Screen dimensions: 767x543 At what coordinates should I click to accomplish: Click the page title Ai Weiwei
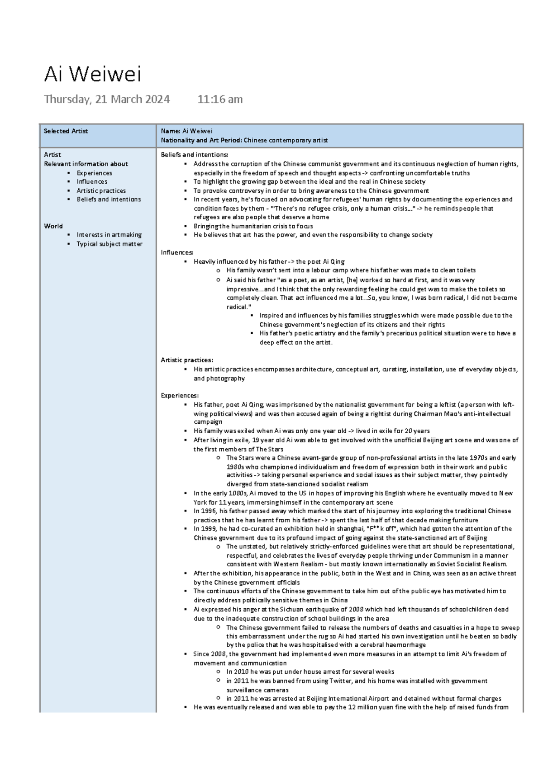click(92, 75)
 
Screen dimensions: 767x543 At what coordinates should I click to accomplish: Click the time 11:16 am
click(220, 99)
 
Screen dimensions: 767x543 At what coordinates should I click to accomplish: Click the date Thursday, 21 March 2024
click(107, 99)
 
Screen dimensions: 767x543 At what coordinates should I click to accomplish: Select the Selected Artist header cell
click(66, 131)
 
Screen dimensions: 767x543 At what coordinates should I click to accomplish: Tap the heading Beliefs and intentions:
click(195, 155)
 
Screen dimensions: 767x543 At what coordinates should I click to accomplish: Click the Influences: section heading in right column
click(177, 252)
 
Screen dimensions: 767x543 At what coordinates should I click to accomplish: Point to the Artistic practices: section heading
click(186, 360)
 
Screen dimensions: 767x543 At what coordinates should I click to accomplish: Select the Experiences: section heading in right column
click(180, 395)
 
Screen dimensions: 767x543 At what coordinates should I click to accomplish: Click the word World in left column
click(53, 226)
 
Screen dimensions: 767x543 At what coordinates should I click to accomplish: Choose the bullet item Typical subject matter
click(109, 244)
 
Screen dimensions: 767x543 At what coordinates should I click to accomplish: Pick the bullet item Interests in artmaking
click(109, 235)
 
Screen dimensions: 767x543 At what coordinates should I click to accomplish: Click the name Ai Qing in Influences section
click(333, 261)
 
